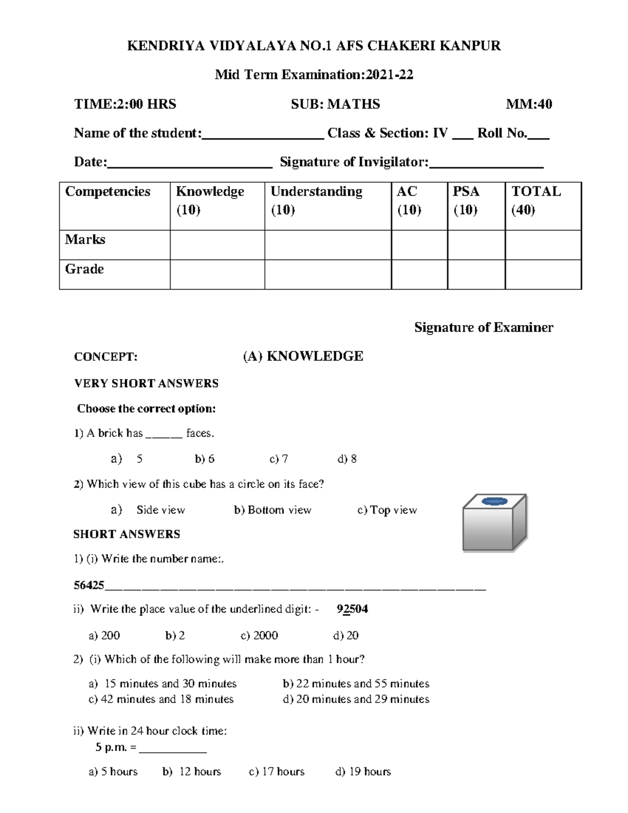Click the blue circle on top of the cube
(495, 502)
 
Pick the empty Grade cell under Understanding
(328, 274)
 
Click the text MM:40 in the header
(529, 104)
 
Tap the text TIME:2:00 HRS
(125, 104)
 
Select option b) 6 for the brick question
(205, 459)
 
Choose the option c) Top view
(387, 510)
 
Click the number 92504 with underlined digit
(352, 609)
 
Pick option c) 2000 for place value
(259, 636)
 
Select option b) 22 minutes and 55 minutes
(356, 684)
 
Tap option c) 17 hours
(276, 772)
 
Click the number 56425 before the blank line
(89, 585)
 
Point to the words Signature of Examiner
(484, 328)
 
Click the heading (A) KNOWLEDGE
(303, 357)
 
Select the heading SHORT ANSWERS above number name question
(127, 534)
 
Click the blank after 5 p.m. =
(173, 749)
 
